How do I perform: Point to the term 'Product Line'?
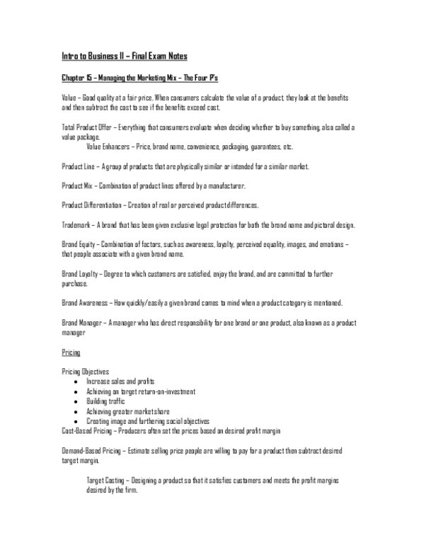[x=77, y=166]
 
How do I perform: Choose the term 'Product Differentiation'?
[x=91, y=205]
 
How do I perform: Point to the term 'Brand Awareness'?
[x=84, y=303]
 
